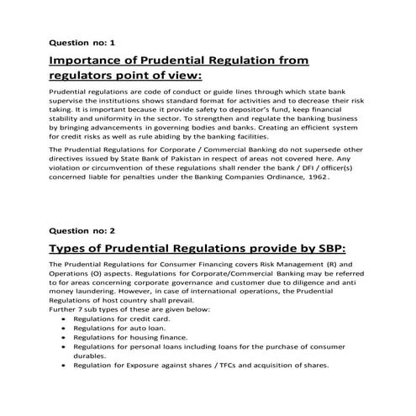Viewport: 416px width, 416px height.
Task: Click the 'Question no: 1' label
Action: [x=82, y=41]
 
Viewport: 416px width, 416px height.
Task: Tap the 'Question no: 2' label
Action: [x=82, y=229]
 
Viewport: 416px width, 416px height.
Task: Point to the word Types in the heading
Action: [x=73, y=249]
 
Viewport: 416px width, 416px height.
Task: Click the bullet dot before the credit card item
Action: [x=66, y=320]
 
